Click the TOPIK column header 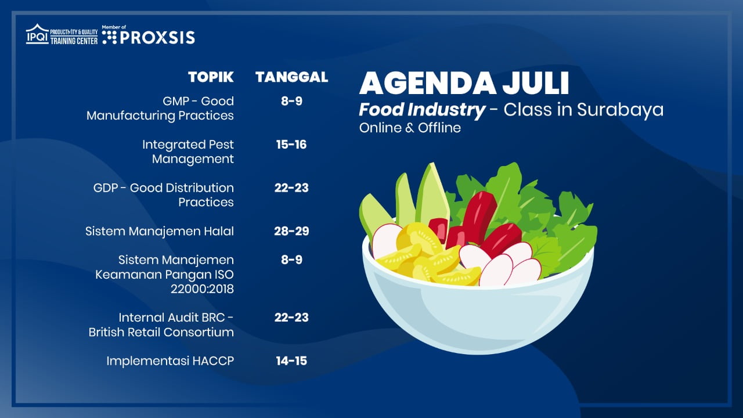coord(211,77)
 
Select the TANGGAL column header coord(292,77)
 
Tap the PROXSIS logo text coord(157,38)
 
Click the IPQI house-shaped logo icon coord(37,34)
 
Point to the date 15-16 coord(291,145)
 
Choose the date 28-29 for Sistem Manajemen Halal coord(291,231)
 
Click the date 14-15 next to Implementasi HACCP coord(291,361)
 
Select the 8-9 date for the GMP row coord(291,101)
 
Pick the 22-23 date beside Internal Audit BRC coord(291,318)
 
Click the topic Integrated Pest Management coord(188,152)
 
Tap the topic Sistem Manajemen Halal coord(160,231)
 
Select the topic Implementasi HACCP coord(170,361)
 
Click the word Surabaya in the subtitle coord(621,110)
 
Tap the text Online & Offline coord(410,128)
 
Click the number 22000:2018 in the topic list coord(203,289)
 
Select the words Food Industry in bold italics coord(422,110)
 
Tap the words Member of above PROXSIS coord(114,27)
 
